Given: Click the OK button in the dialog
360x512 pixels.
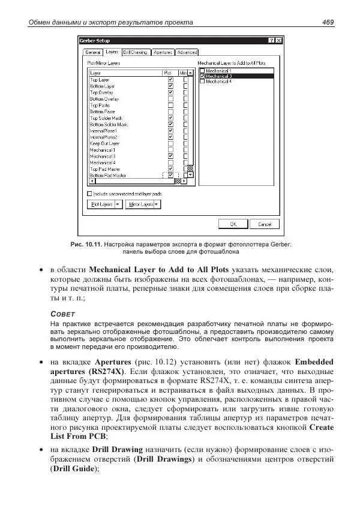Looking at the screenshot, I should click(233, 224).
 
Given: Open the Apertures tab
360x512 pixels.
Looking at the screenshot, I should click(163, 53).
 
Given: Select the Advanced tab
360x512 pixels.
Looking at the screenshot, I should click(187, 53).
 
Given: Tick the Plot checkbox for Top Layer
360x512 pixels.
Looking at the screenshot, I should click(170, 80).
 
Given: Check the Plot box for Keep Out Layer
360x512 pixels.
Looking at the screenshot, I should click(170, 143).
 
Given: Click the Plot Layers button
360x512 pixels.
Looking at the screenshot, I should click(101, 204).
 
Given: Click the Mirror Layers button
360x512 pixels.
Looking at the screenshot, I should click(139, 204).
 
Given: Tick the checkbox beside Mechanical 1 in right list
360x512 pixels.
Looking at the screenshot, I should click(202, 71).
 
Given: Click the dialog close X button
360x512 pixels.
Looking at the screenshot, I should click(279, 41).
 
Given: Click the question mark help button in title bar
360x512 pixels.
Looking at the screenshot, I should click(272, 41).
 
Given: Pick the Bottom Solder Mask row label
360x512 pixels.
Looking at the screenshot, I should click(109, 125).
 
